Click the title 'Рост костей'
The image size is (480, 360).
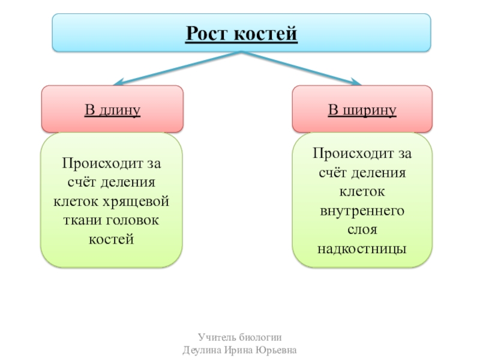tap(241, 33)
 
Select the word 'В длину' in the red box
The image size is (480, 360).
tap(112, 110)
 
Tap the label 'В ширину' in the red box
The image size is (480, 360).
tap(362, 110)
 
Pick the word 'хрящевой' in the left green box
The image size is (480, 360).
tap(142, 200)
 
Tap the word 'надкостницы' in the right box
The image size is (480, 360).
tap(362, 248)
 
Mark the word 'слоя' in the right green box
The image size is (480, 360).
tap(362, 229)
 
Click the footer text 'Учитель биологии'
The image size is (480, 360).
tap(239, 337)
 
